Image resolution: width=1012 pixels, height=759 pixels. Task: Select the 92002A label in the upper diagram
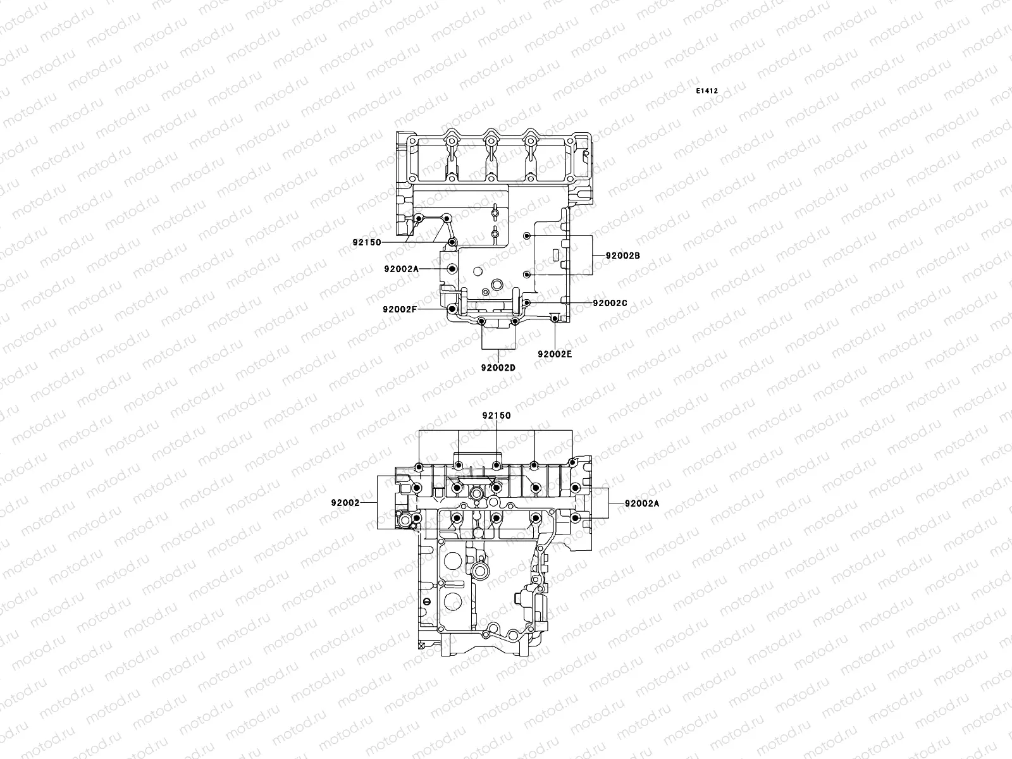point(401,269)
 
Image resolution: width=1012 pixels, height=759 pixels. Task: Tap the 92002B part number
point(623,256)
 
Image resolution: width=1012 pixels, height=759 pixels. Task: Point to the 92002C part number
point(610,303)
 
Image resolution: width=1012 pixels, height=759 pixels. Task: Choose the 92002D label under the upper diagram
point(498,367)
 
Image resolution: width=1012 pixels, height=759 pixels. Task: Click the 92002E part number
point(555,354)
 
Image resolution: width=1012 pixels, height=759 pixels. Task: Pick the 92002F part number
point(400,309)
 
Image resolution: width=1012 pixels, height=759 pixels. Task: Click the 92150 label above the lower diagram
point(496,416)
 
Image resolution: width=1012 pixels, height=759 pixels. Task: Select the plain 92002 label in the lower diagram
point(345,503)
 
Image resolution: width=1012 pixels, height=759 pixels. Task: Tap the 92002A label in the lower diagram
point(641,503)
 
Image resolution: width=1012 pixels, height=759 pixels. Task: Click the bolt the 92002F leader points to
point(451,309)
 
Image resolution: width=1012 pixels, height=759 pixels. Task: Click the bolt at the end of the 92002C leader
point(526,303)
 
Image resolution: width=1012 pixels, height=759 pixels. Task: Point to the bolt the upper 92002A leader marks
point(451,269)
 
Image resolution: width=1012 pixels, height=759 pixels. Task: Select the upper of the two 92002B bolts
point(527,236)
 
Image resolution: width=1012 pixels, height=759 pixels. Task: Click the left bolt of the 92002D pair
point(482,322)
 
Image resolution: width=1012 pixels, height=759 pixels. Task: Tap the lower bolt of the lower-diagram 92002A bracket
point(574,519)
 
